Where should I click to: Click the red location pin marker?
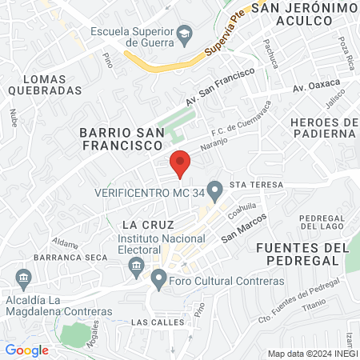(180, 163)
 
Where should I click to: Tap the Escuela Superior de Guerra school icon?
(185, 34)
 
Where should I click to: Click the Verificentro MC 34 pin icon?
(214, 190)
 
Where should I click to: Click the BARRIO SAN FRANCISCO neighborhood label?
(121, 138)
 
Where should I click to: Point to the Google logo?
(27, 350)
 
